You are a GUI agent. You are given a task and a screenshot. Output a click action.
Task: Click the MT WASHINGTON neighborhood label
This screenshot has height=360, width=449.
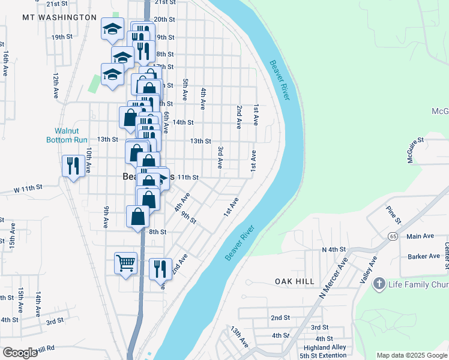click(59, 17)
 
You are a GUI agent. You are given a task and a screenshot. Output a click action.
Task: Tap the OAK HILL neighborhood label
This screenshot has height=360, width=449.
click(295, 281)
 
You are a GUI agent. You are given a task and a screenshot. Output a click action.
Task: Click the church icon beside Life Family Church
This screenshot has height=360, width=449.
click(379, 283)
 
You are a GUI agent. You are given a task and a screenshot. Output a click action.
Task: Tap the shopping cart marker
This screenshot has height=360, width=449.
click(125, 262)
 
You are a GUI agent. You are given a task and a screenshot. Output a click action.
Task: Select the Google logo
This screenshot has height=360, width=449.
click(19, 353)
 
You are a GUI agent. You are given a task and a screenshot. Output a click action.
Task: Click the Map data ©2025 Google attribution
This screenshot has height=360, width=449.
click(412, 355)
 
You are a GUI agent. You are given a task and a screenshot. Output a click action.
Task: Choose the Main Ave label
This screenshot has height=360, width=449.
click(420, 236)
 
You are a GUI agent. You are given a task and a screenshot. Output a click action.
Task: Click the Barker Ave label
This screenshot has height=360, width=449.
click(424, 256)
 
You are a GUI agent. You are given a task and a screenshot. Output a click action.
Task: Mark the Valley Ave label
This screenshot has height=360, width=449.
click(368, 269)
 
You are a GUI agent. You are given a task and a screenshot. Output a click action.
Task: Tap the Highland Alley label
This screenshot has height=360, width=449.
click(325, 347)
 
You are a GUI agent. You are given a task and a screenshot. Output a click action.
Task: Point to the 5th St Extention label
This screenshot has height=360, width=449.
click(324, 356)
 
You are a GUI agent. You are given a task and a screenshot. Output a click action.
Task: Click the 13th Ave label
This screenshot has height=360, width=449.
click(240, 337)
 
